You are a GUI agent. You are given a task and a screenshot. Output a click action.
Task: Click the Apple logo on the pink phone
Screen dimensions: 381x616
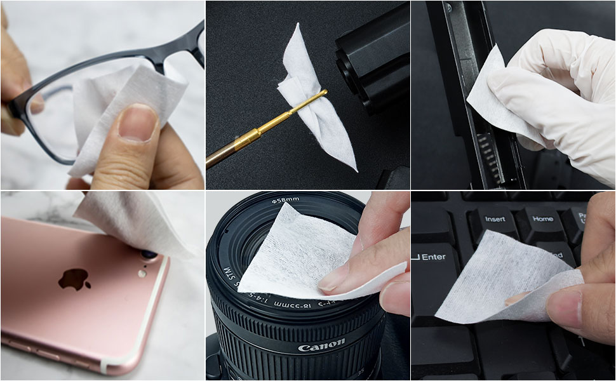pyautogui.click(x=74, y=278)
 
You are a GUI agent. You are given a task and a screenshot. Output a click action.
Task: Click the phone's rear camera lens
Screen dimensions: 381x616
pyautogui.click(x=150, y=255)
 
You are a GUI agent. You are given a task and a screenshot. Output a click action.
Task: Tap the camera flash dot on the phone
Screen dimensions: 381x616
pyautogui.click(x=142, y=274)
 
